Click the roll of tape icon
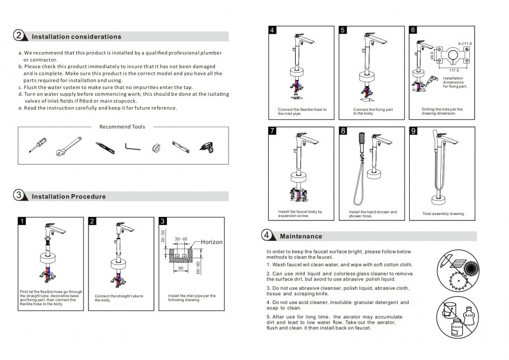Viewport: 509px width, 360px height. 156,148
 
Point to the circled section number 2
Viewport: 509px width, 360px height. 18,36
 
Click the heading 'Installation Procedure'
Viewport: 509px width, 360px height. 69,197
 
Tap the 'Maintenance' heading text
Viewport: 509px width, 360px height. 301,236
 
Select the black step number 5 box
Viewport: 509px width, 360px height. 343,30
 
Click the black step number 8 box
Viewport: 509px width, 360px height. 343,131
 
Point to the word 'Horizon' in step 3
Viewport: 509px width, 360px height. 211,242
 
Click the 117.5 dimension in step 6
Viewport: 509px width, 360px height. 454,70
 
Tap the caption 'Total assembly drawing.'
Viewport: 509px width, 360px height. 443,214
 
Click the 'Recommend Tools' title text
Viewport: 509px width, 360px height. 122,127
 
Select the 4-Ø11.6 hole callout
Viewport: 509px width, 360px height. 464,44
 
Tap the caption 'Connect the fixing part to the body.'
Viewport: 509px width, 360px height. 373,111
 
